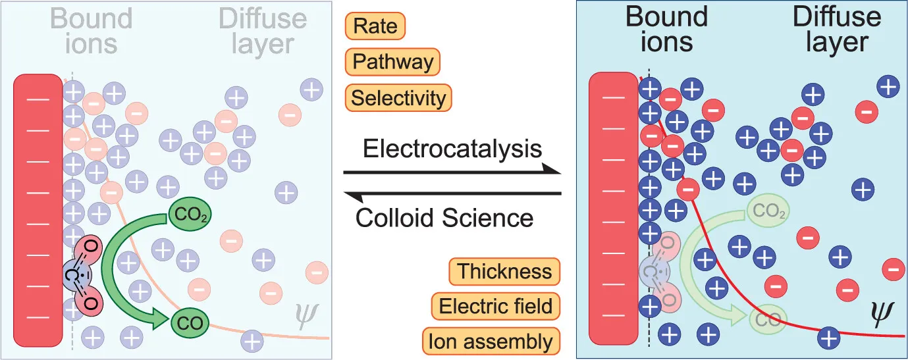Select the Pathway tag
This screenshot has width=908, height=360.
(392, 62)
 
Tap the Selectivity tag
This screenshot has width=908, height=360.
(398, 98)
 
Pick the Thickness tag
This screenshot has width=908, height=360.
(504, 270)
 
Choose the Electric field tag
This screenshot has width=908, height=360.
(495, 306)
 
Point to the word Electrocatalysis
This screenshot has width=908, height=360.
(452, 149)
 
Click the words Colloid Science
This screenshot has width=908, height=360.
(444, 217)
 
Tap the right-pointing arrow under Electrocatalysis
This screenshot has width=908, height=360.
(452, 172)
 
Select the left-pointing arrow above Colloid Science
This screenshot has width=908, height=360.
(452, 193)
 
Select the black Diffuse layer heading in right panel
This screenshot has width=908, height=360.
(837, 30)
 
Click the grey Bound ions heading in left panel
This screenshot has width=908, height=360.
(92, 30)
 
